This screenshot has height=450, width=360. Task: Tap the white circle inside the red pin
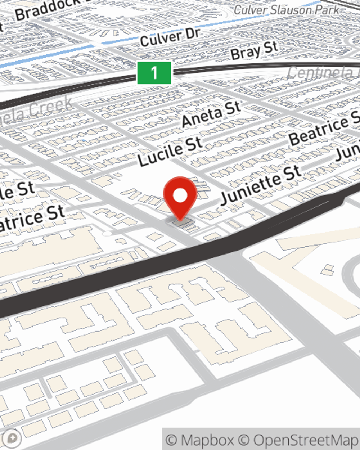click(x=180, y=195)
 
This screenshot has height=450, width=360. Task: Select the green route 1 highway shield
click(x=154, y=73)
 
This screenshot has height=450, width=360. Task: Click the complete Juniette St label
click(x=260, y=184)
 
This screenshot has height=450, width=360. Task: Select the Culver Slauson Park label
click(x=286, y=10)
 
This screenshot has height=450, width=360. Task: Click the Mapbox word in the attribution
click(x=207, y=440)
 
